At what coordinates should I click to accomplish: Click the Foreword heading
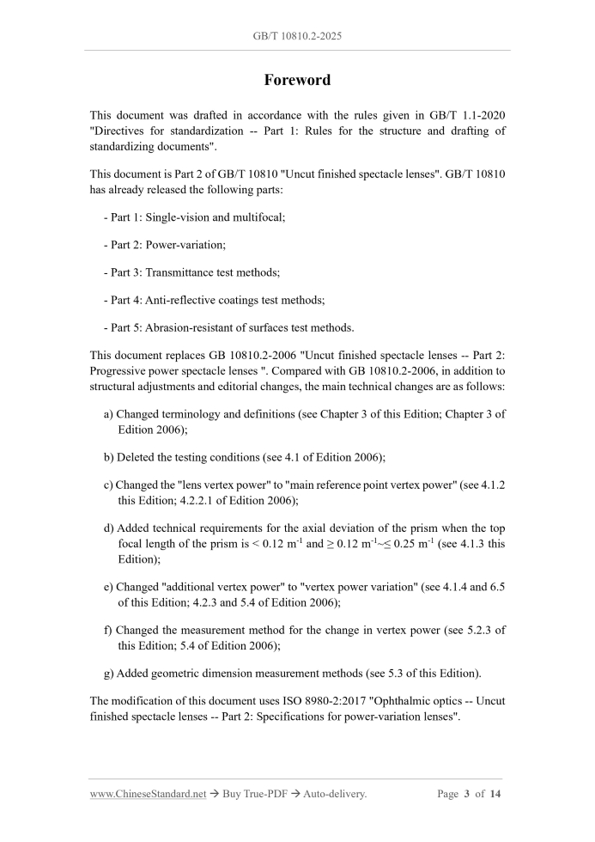[x=297, y=80]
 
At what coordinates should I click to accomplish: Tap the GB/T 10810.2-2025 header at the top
[x=297, y=37]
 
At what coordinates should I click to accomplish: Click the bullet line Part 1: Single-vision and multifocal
[x=194, y=218]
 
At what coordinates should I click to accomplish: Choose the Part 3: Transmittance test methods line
[x=191, y=272]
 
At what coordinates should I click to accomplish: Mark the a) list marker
[x=108, y=414]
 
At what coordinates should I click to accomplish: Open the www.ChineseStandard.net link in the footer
[x=148, y=794]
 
